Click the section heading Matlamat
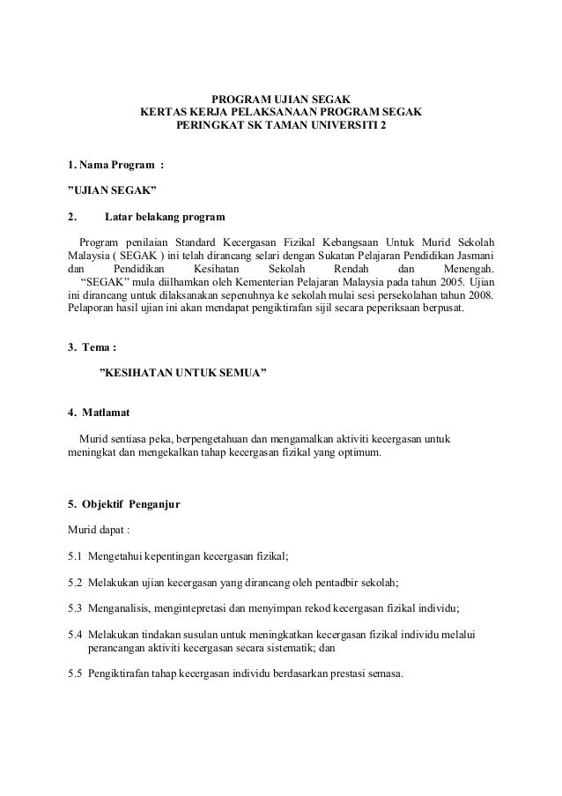coord(107,413)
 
